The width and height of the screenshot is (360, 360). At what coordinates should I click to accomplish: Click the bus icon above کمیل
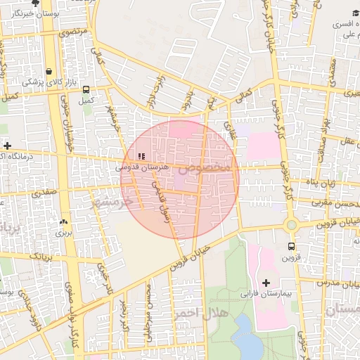click(86, 90)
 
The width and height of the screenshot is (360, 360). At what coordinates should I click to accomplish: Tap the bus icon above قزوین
click(291, 247)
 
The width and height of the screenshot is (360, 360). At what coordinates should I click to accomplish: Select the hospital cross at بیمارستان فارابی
click(265, 283)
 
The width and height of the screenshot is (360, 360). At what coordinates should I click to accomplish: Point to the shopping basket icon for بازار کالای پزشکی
click(49, 71)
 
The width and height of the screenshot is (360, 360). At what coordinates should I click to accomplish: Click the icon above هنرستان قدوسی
click(141, 156)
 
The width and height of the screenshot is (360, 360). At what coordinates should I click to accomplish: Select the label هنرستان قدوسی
click(143, 168)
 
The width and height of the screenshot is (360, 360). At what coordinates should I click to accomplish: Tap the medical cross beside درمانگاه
click(7, 146)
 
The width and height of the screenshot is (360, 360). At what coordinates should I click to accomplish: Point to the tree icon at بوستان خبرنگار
click(35, 4)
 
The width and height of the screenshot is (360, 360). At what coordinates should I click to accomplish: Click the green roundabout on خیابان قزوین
click(291, 225)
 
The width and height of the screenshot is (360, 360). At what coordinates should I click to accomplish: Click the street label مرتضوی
click(74, 32)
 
